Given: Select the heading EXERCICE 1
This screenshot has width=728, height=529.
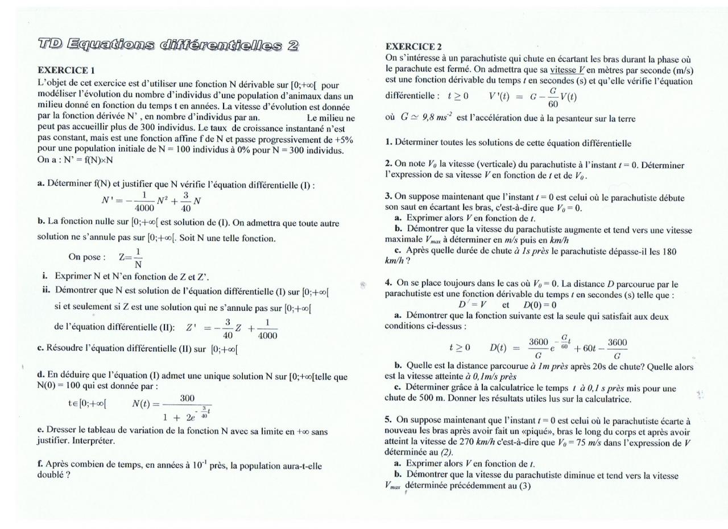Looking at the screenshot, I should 66,70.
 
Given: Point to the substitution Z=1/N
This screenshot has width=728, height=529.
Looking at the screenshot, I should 130,257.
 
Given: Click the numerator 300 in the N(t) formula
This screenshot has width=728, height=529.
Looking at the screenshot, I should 188,399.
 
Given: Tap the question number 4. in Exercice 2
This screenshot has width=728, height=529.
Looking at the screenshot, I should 388,282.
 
